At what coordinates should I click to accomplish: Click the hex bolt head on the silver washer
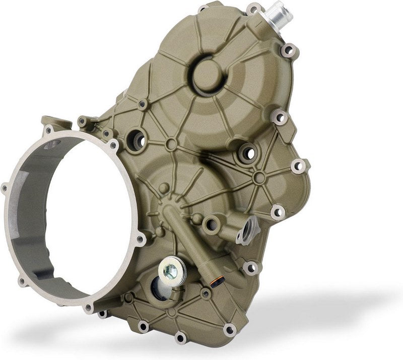tap(171, 269)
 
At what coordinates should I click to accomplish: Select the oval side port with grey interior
tap(249, 231)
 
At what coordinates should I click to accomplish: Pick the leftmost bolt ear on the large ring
tap(5, 189)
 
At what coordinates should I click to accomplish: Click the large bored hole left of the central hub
tap(137, 139)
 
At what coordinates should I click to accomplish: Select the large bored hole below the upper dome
tap(247, 151)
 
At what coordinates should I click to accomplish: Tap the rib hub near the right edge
tap(259, 177)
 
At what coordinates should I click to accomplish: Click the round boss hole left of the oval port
tap(211, 222)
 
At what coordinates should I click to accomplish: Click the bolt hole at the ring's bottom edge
tap(89, 308)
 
